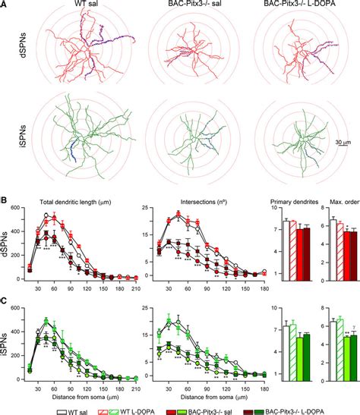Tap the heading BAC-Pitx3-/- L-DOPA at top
click(x=292, y=6)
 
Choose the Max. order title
click(x=335, y=203)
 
